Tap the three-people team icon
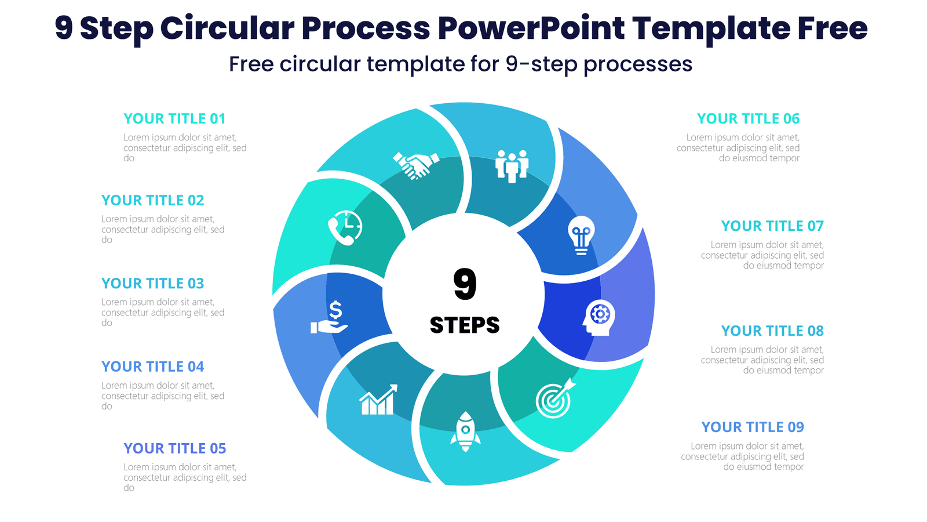click(512, 166)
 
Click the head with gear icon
click(598, 317)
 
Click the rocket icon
click(465, 432)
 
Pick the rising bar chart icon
click(378, 400)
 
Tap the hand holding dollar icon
click(330, 318)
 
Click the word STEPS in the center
click(465, 325)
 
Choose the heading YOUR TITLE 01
click(174, 119)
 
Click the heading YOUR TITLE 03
click(153, 284)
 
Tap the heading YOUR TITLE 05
click(174, 448)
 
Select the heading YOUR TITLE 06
click(748, 119)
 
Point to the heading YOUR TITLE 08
click(772, 331)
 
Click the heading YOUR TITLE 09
click(753, 427)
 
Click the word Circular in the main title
click(227, 28)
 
